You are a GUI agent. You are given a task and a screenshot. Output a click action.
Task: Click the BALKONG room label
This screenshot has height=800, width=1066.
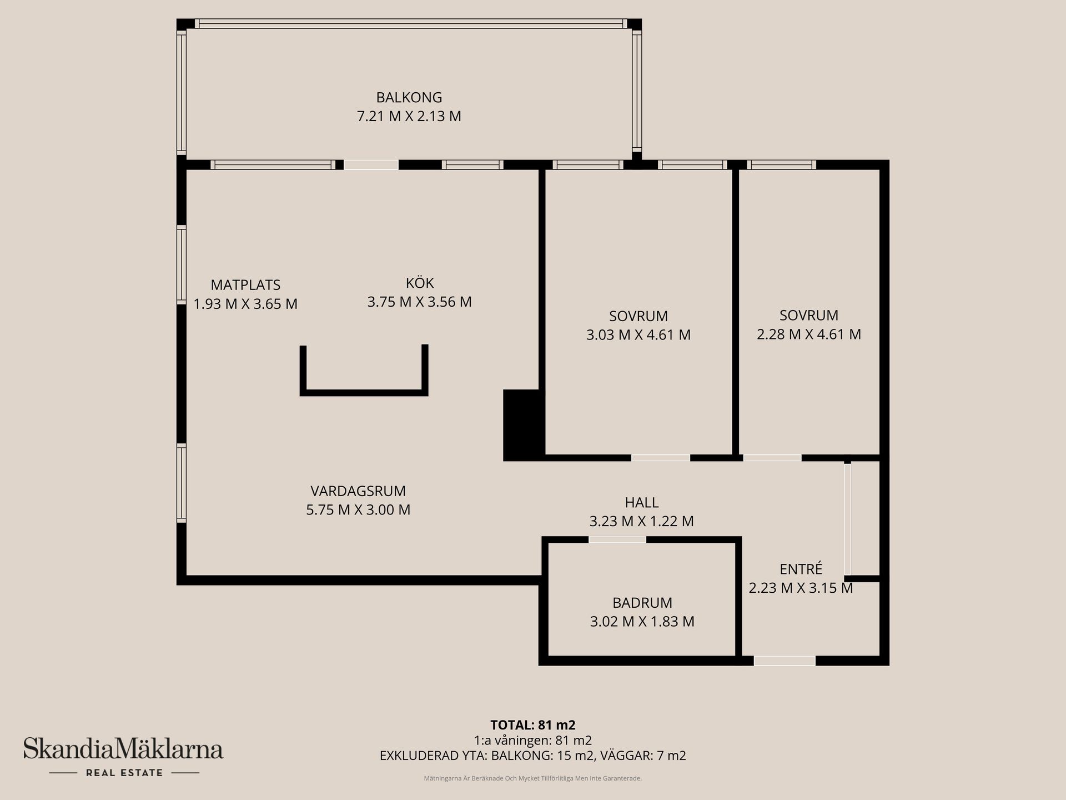409,97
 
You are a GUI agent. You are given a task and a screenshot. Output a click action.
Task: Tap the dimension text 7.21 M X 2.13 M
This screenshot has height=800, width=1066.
409,116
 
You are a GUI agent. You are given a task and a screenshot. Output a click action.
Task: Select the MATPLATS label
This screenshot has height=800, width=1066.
245,285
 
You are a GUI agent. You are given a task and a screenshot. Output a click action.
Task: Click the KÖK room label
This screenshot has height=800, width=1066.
419,283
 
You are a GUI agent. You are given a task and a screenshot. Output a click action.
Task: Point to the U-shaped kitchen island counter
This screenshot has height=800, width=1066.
364,392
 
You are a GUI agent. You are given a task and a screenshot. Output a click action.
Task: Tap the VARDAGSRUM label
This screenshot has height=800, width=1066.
358,491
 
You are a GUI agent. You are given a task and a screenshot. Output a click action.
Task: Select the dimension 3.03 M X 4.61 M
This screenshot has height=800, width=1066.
638,335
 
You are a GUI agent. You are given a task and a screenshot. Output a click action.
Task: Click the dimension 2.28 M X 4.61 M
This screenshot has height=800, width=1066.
808,334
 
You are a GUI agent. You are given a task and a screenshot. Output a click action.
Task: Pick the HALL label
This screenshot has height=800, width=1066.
641,502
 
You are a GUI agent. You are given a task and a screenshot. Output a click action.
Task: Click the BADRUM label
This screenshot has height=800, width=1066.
642,603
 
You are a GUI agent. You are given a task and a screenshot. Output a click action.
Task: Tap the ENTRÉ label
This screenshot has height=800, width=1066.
801,569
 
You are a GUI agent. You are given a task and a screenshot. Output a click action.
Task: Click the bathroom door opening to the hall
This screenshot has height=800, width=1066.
617,539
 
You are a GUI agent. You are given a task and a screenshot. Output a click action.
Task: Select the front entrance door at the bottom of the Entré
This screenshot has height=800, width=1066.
784,661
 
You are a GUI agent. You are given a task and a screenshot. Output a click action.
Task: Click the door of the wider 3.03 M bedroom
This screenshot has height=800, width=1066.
660,458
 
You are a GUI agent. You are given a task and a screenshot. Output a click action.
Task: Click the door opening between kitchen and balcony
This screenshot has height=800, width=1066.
371,164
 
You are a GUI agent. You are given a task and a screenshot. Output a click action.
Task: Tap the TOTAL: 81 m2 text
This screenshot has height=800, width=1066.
532,725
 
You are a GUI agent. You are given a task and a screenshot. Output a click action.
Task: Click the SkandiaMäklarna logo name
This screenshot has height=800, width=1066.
123,749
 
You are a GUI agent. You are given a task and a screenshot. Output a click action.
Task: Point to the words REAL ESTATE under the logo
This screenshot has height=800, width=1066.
124,773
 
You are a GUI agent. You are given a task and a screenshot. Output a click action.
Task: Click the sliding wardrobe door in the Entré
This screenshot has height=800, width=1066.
847,519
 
